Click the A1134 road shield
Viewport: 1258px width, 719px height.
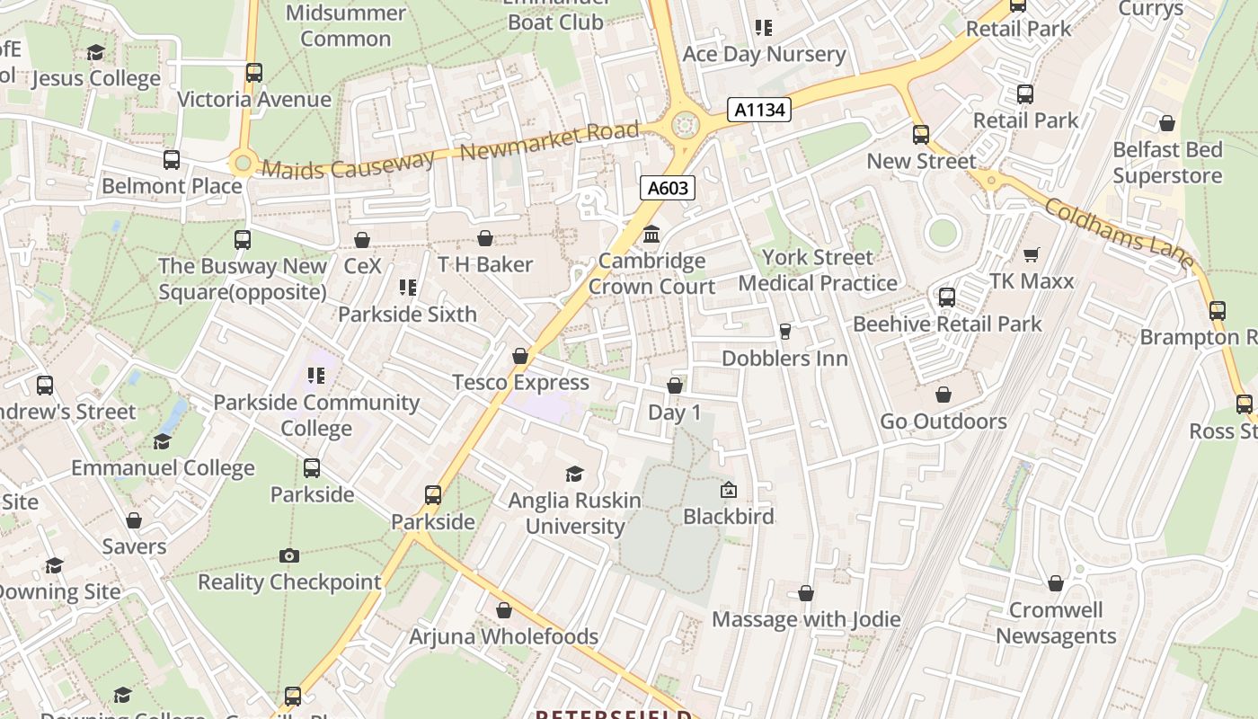[x=759, y=110]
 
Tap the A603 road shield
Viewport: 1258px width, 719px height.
[x=669, y=188]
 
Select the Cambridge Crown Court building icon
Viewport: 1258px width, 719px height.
[x=651, y=235]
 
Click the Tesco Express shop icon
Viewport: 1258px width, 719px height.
[x=519, y=357]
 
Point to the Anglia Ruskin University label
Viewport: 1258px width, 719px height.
[x=575, y=513]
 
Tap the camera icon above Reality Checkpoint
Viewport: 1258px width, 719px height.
[x=288, y=556]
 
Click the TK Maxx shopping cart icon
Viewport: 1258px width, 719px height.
[x=1031, y=255]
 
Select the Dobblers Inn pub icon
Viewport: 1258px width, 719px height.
[x=784, y=332]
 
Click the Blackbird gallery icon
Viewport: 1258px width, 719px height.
[x=729, y=491]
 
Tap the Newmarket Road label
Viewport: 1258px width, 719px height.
[x=549, y=142]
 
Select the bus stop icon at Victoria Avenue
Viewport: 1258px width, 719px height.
[x=254, y=73]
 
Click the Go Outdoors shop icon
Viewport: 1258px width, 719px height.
[x=943, y=395]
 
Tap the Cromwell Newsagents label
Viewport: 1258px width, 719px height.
[x=1056, y=623]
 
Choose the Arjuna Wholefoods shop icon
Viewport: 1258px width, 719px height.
[x=504, y=611]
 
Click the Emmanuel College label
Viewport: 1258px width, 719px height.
[x=163, y=468]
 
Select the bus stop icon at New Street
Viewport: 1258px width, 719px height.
[x=921, y=136]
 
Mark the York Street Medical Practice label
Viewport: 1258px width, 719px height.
[x=818, y=271]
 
